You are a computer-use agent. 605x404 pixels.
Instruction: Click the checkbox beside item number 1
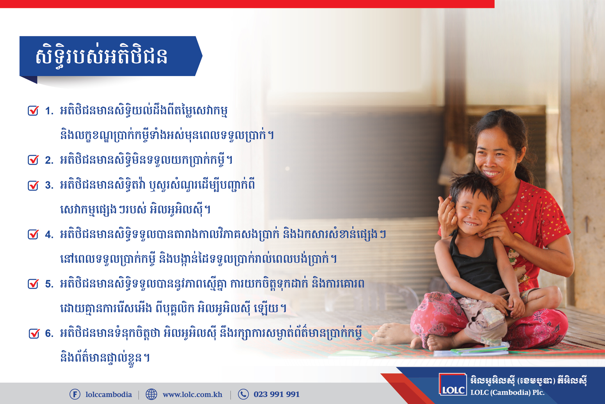click(33, 111)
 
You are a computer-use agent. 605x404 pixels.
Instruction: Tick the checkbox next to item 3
click(33, 185)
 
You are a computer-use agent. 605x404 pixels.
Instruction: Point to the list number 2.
click(49, 160)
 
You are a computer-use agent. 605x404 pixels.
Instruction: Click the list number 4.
click(49, 235)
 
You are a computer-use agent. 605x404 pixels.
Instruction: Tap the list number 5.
click(49, 284)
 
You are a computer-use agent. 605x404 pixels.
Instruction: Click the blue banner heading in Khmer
click(102, 56)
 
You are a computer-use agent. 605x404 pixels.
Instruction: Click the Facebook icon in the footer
click(75, 394)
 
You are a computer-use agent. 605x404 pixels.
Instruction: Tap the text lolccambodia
click(109, 395)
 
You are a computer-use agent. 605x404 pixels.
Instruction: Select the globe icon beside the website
click(151, 394)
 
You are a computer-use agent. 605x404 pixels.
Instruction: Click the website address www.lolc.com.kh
click(193, 395)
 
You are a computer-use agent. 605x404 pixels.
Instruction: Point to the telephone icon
click(243, 394)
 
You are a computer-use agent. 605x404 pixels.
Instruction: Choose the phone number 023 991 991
click(277, 394)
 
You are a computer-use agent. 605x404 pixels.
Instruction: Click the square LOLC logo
click(453, 384)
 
